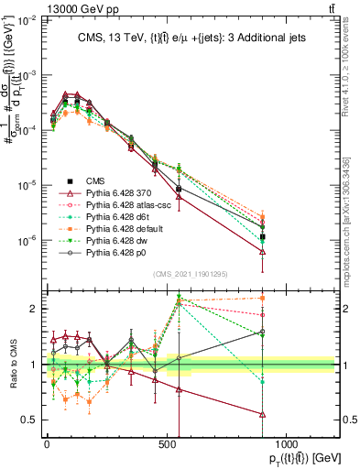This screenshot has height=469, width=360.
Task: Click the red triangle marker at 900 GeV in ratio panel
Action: click(x=263, y=414)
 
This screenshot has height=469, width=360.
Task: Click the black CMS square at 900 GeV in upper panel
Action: click(x=263, y=236)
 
